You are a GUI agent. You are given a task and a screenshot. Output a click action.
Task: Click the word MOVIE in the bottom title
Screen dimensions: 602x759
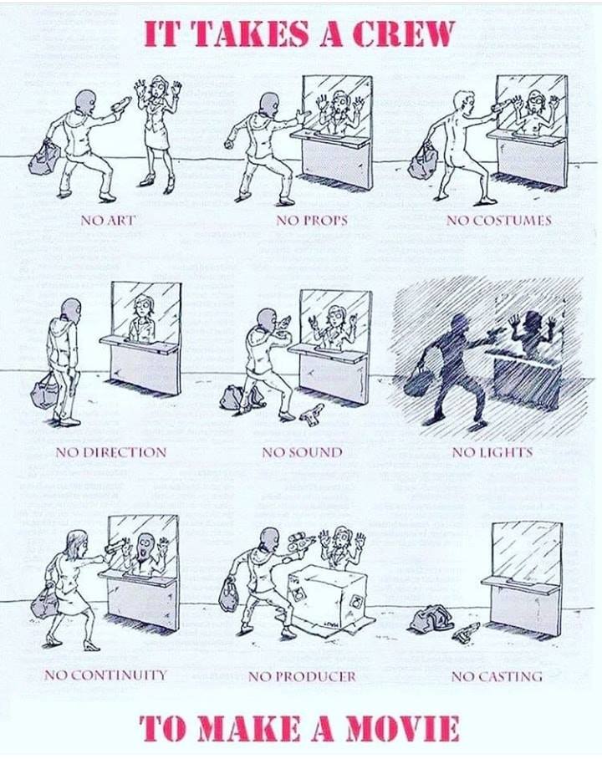click(401, 729)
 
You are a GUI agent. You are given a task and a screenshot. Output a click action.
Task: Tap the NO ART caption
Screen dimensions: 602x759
click(107, 220)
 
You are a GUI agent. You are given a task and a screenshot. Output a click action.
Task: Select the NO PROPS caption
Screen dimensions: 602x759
click(312, 220)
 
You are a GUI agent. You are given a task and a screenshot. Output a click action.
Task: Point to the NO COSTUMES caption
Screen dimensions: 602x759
click(499, 220)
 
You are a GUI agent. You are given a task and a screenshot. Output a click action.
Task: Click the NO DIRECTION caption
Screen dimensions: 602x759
click(111, 452)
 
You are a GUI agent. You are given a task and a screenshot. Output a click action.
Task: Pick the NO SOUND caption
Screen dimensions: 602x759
click(302, 452)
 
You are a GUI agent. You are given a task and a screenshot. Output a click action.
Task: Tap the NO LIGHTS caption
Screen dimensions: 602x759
click(492, 452)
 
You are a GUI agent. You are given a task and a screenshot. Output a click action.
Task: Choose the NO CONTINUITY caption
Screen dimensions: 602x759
click(105, 675)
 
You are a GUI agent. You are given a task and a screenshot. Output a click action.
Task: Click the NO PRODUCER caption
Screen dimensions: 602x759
click(302, 675)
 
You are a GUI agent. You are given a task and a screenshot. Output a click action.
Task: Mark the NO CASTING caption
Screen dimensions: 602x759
click(497, 675)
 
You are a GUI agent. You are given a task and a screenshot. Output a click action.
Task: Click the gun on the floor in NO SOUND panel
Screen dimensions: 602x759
click(311, 411)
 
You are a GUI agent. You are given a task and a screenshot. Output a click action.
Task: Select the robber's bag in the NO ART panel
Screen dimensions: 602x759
click(44, 158)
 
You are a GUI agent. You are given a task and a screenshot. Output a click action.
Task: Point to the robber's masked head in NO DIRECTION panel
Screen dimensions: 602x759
click(71, 308)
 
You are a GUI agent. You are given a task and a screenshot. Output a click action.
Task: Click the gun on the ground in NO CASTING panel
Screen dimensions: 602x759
click(467, 633)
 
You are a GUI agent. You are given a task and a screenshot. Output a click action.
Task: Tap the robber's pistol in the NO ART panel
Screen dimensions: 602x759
click(120, 104)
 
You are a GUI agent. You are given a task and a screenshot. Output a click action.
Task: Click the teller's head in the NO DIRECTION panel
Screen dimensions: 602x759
click(142, 306)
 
